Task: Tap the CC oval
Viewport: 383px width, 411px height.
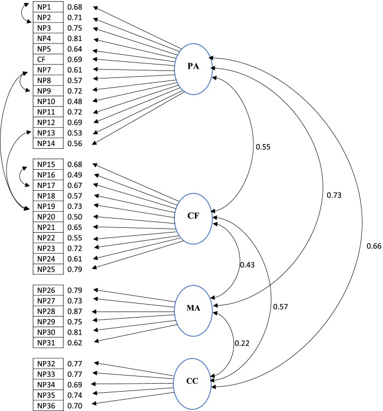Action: tap(193, 381)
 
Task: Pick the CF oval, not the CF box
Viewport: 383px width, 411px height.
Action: tap(194, 216)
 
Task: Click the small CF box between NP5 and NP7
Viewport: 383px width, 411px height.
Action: tap(48, 59)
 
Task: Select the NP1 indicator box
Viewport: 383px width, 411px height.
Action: tap(48, 8)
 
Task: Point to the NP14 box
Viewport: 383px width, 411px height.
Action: tap(48, 143)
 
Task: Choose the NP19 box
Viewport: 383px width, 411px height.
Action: tap(48, 206)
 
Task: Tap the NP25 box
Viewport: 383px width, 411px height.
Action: tap(48, 268)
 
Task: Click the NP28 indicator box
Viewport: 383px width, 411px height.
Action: tap(48, 312)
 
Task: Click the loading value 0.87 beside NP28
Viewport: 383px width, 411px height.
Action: tap(75, 312)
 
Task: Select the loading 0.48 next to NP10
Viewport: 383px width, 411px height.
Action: tap(75, 101)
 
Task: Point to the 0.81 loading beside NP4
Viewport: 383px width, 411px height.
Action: tap(75, 39)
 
